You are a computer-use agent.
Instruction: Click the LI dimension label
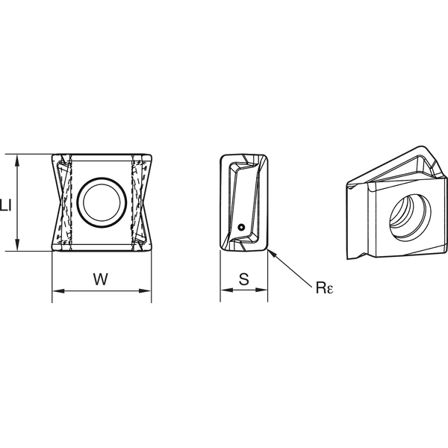tap(7, 203)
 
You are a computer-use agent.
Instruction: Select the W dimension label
tap(101, 279)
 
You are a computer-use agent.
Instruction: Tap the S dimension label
tap(243, 279)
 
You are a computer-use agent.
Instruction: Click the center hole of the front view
tap(101, 202)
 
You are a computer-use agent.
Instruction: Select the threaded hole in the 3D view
tap(408, 211)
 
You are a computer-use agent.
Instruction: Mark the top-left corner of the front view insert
tap(53, 155)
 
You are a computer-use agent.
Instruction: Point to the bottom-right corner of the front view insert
tap(149, 250)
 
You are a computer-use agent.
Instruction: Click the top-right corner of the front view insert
tap(149, 155)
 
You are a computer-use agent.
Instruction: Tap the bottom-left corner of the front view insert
tap(53, 250)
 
